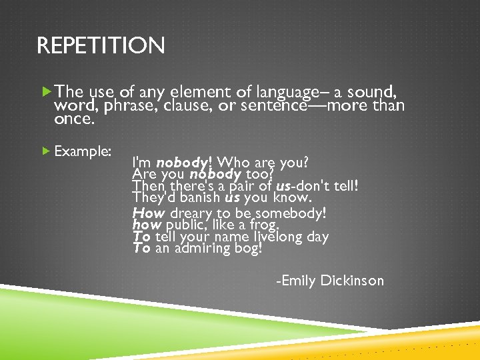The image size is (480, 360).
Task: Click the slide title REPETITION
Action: pos(101,47)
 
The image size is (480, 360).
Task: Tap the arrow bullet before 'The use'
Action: pos(46,90)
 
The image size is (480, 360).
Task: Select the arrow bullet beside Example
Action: pos(46,151)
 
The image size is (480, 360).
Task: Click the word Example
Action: pos(83,151)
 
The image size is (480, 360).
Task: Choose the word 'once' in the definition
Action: pos(74,121)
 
